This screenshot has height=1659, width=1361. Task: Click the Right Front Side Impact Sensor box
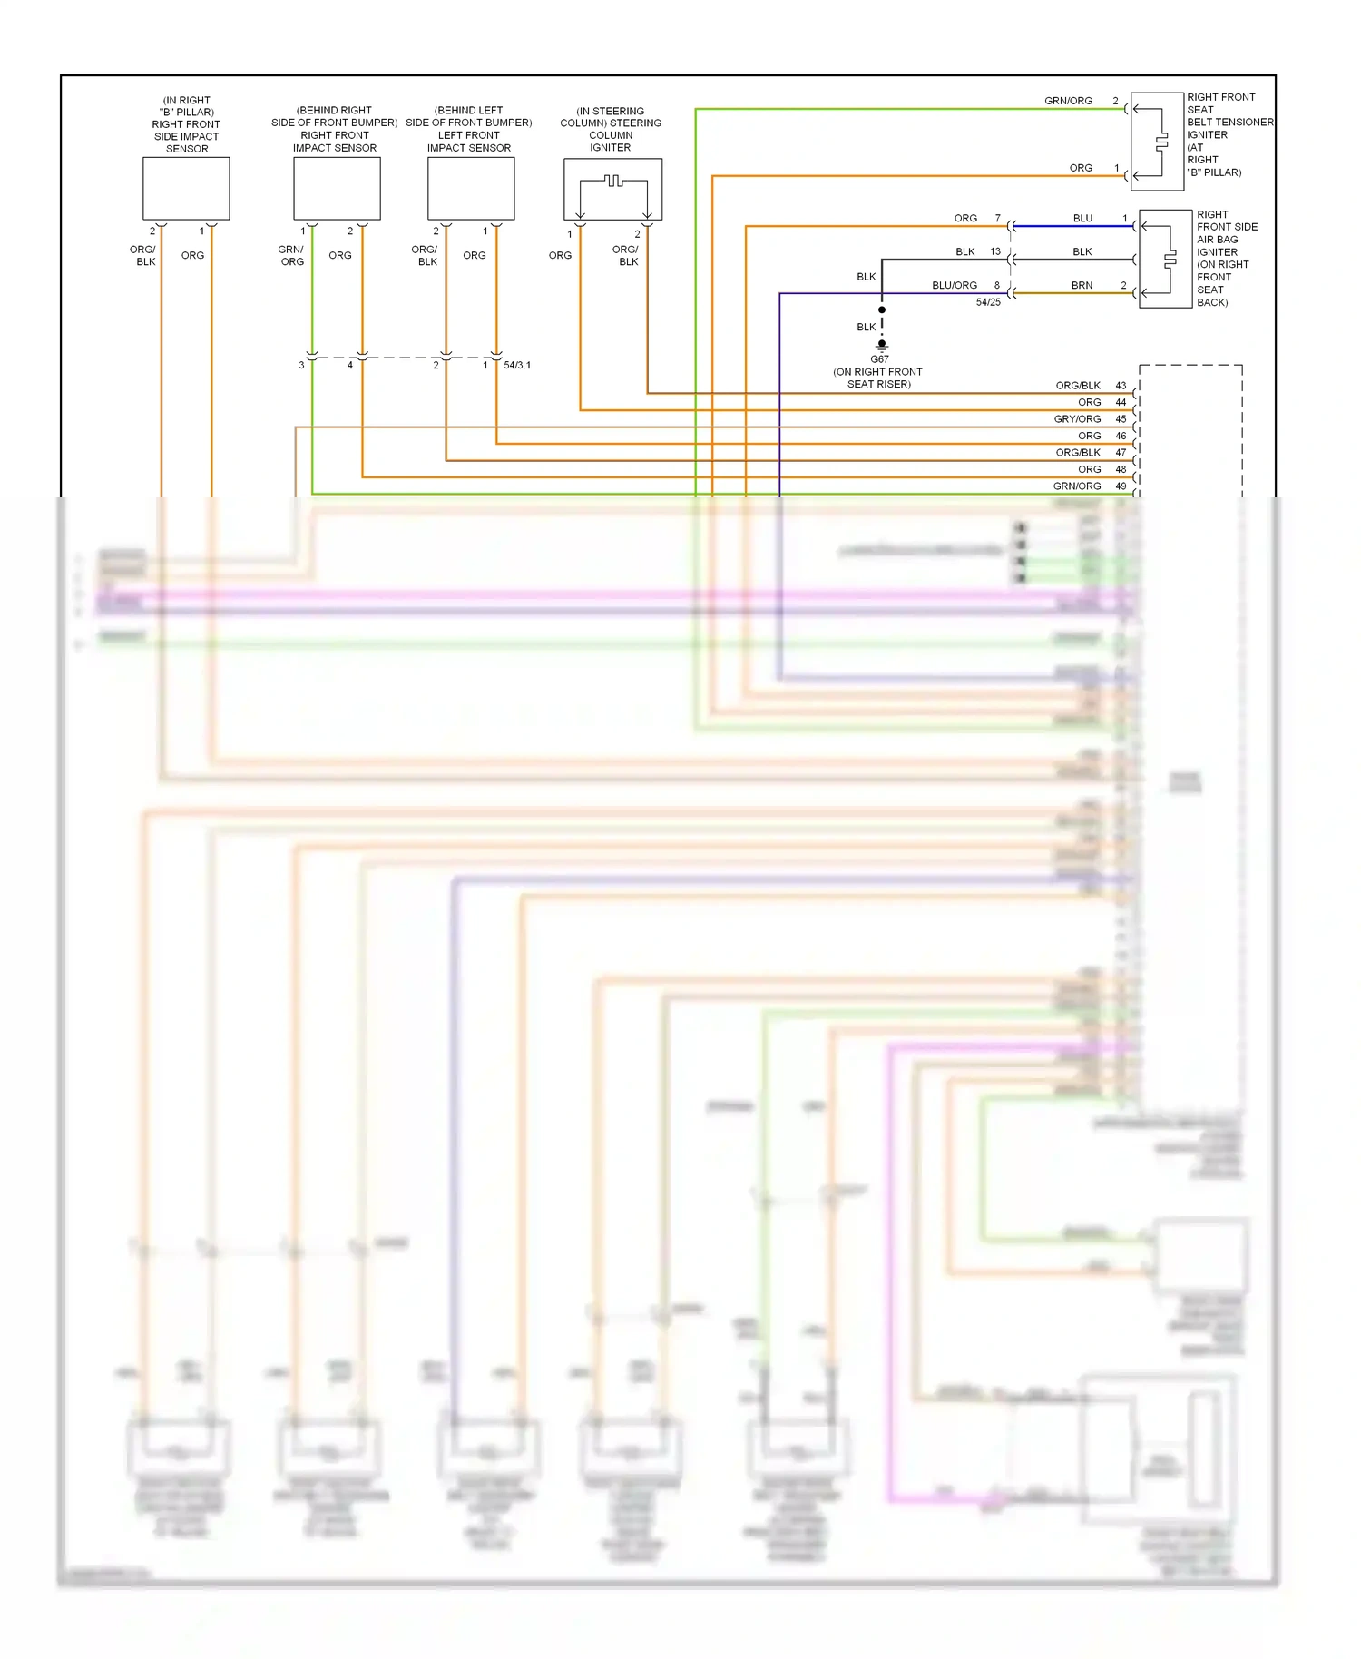(x=186, y=189)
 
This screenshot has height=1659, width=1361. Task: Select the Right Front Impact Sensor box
(x=337, y=189)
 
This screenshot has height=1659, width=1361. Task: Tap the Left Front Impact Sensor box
(x=471, y=189)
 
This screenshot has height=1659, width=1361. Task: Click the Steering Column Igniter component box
(x=612, y=189)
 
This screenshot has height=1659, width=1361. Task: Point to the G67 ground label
(x=879, y=359)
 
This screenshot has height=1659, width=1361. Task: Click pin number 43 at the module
(x=1121, y=386)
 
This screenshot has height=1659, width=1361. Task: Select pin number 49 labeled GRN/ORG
(x=1121, y=486)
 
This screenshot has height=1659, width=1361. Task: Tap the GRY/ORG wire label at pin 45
(x=1077, y=419)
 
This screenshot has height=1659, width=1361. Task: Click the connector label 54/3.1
(x=517, y=366)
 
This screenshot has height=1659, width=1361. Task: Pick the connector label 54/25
(x=988, y=302)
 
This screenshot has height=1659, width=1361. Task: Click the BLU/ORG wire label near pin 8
(x=955, y=285)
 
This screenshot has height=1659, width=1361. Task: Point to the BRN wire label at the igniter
(x=1082, y=285)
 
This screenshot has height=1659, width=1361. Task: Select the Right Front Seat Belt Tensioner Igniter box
(x=1157, y=141)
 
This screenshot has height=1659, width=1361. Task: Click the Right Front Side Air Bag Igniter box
(x=1165, y=260)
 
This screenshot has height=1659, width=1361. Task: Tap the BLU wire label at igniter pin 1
(x=1082, y=219)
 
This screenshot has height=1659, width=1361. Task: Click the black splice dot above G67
(x=882, y=310)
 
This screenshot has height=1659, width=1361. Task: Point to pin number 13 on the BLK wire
(x=995, y=251)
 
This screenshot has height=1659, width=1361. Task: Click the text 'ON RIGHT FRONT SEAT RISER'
(x=878, y=378)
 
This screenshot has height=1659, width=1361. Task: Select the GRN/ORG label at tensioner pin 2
(x=1068, y=101)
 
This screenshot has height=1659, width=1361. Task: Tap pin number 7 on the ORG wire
(x=997, y=219)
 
